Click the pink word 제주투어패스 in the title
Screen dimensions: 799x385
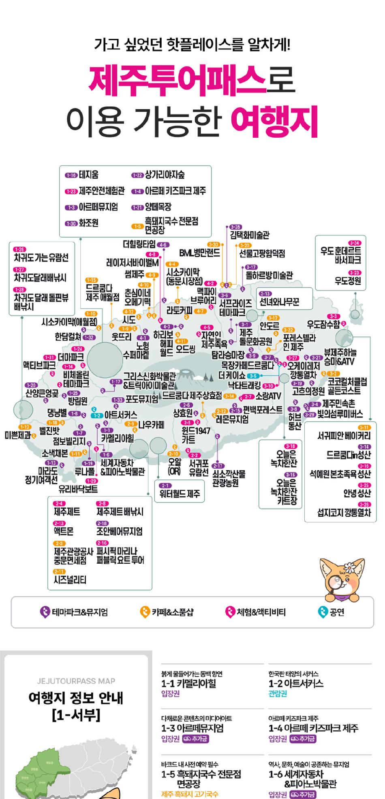pyautogui.click(x=178, y=80)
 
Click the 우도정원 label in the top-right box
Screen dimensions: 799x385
pyautogui.click(x=347, y=280)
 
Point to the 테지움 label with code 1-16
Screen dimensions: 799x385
pyautogui.click(x=89, y=175)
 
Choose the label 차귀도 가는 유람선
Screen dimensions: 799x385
pyautogui.click(x=41, y=258)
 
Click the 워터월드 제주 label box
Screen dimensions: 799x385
pyautogui.click(x=180, y=494)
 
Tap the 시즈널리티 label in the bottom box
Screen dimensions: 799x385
pyautogui.click(x=70, y=580)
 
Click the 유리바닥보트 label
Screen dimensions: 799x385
pyautogui.click(x=78, y=489)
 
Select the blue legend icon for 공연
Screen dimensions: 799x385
pyautogui.click(x=323, y=612)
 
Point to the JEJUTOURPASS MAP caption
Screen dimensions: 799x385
pyautogui.click(x=76, y=681)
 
